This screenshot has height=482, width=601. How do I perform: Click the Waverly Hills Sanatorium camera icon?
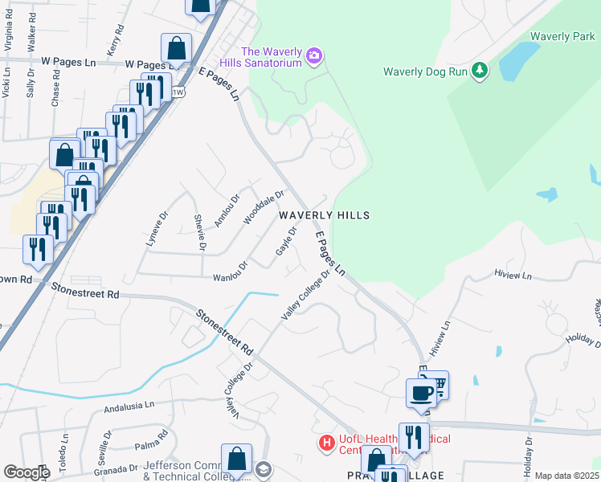click(x=314, y=55)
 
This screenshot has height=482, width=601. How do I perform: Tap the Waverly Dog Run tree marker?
click(x=480, y=71)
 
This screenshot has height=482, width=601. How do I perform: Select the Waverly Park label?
click(x=562, y=37)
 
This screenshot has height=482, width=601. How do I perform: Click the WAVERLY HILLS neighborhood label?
click(x=324, y=215)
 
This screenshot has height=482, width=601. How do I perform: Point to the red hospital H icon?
click(x=326, y=443)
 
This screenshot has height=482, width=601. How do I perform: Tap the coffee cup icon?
click(x=422, y=394)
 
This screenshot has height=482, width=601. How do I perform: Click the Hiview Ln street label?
click(x=514, y=275)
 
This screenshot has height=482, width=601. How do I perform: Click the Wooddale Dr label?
click(x=264, y=206)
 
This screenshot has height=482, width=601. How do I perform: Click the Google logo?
click(x=27, y=472)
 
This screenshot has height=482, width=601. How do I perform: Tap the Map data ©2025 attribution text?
click(x=566, y=476)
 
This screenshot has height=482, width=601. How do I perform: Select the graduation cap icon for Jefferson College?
click(x=264, y=468)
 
